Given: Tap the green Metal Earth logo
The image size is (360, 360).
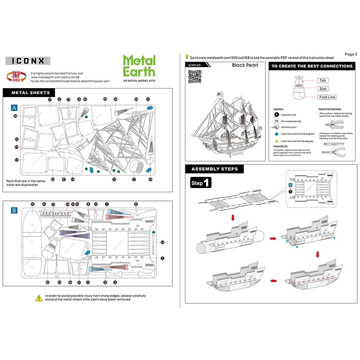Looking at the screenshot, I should (139, 66).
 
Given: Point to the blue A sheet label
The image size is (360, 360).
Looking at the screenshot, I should (14, 108).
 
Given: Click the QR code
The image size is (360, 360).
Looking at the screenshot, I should (194, 76).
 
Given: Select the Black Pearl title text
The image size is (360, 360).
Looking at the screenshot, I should (244, 65).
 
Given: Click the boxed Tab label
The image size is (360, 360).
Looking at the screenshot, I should (322, 81).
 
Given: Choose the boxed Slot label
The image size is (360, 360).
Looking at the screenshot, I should (323, 89).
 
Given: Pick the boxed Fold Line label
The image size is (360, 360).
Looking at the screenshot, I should (327, 97).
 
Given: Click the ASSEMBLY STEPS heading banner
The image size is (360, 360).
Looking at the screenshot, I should (215, 169).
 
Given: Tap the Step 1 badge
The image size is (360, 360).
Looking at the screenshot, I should (200, 184).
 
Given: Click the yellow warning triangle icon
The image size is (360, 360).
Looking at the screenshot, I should (39, 297).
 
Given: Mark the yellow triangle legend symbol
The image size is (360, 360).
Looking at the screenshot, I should (276, 141).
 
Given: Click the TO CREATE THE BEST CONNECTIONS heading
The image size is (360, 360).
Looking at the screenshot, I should (311, 66).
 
